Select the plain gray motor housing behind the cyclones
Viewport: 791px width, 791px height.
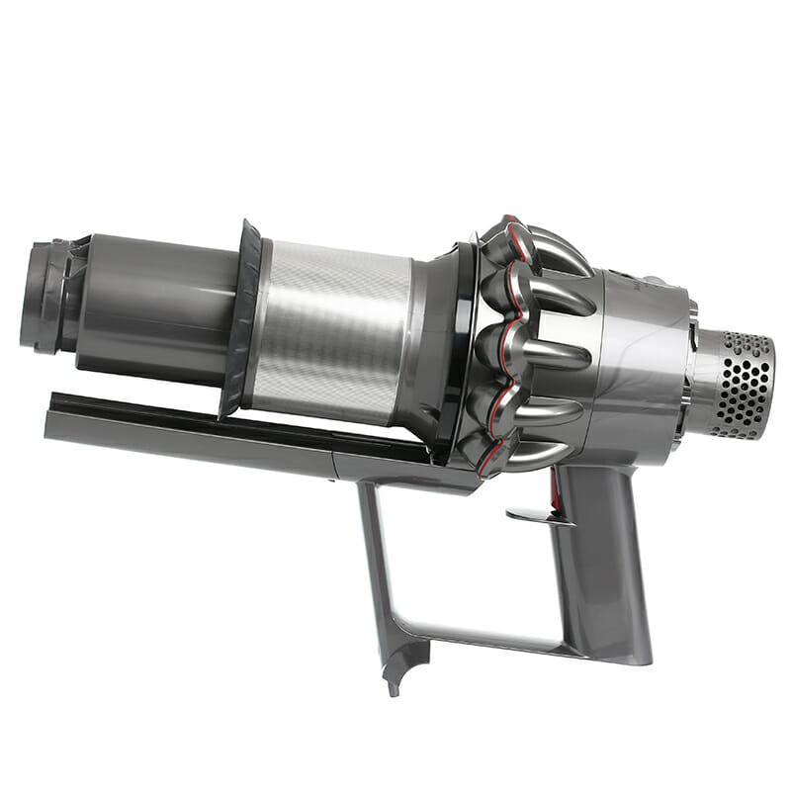tap(643, 356)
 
